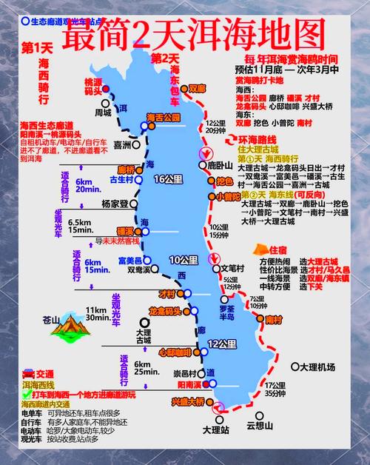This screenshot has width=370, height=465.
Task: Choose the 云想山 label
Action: [x=260, y=426]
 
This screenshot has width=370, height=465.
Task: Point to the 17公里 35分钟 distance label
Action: [x=277, y=389]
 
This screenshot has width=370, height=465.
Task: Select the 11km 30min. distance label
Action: [x=98, y=314]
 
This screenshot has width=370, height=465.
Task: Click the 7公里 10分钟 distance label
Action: [x=257, y=303]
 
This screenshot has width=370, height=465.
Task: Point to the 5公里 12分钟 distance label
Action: [x=232, y=283]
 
